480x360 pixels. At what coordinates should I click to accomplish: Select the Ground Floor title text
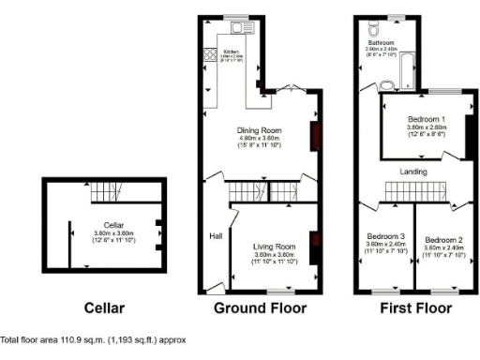coord(261,307)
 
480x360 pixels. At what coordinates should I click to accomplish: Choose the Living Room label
coord(275,247)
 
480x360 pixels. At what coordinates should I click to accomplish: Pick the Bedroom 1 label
coord(426,121)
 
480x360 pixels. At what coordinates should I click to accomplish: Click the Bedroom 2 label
coord(443,236)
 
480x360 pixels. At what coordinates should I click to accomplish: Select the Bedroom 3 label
coord(385,236)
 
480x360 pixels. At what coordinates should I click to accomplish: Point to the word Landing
coord(413,172)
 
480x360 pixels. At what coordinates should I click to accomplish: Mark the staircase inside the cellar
coord(109,194)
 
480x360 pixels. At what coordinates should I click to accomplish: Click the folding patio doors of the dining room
coord(289,90)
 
